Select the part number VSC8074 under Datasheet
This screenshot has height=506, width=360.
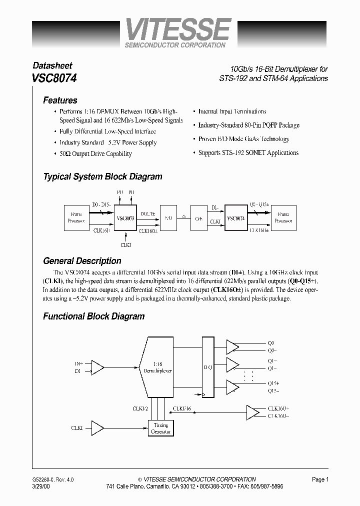pyautogui.click(x=54, y=78)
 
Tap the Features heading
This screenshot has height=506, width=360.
pyautogui.click(x=60, y=100)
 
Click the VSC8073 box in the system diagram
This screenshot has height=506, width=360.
pyautogui.click(x=125, y=218)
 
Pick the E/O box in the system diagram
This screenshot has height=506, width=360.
pyautogui.click(x=168, y=218)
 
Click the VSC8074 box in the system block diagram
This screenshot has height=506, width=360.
pyautogui.click(x=236, y=218)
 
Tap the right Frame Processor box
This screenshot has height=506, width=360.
pyautogui.click(x=284, y=217)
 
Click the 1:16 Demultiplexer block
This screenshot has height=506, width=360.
pyautogui.click(x=157, y=368)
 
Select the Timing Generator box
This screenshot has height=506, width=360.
pyautogui.click(x=160, y=428)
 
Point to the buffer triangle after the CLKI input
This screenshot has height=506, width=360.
pyautogui.click(x=98, y=428)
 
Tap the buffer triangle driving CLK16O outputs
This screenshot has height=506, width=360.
pyautogui.click(x=253, y=412)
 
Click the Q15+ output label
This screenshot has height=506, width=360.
pyautogui.click(x=274, y=383)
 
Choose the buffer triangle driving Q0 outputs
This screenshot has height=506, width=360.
pyautogui.click(x=232, y=346)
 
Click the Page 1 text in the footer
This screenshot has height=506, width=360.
pyautogui.click(x=320, y=479)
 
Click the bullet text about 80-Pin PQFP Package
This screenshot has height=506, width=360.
pyautogui.click(x=248, y=125)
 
